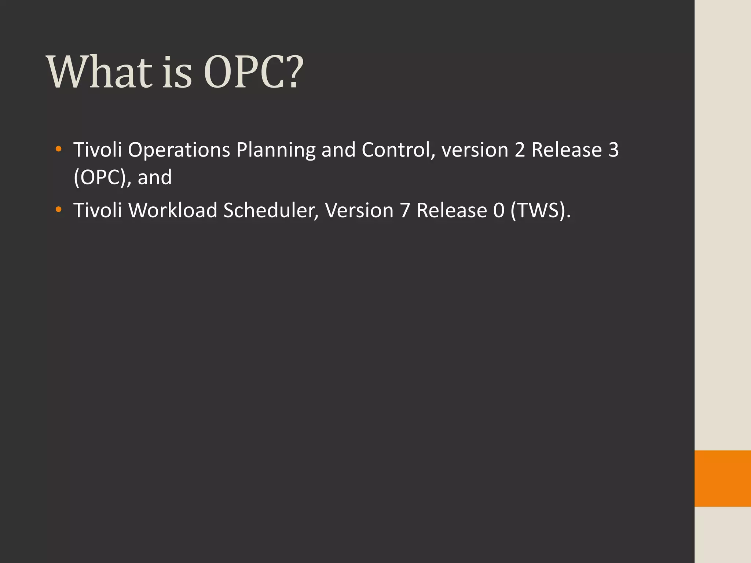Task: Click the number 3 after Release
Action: pyautogui.click(x=613, y=150)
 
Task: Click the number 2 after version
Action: pyautogui.click(x=520, y=150)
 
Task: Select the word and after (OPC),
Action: pyautogui.click(x=154, y=178)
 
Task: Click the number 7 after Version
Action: pyautogui.click(x=405, y=211)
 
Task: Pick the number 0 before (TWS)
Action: pyautogui.click(x=499, y=211)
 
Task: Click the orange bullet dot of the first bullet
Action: pyautogui.click(x=58, y=149)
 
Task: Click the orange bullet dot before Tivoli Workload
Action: pyautogui.click(x=58, y=210)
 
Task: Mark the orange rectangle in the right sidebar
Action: pyautogui.click(x=722, y=478)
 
